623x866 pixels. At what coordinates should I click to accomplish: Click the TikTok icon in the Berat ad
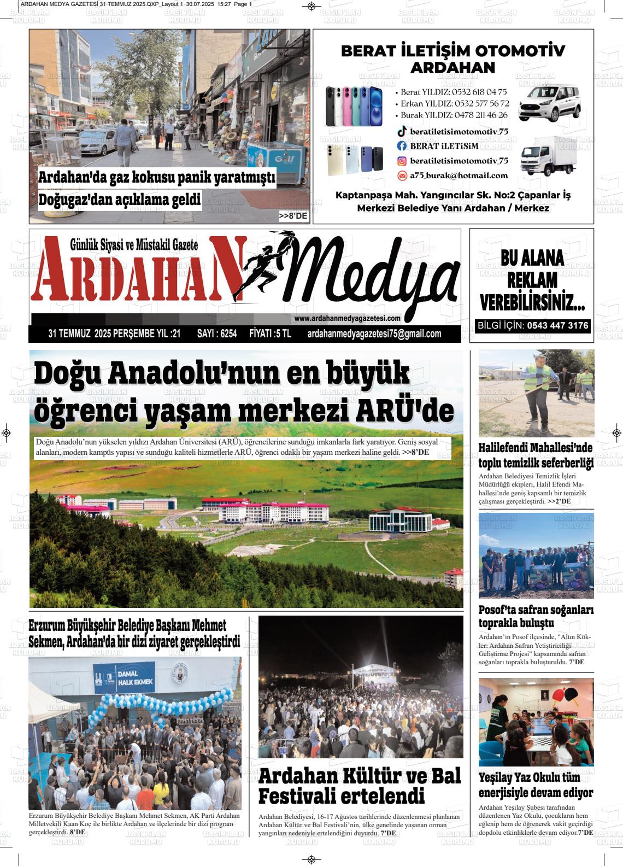click(x=402, y=131)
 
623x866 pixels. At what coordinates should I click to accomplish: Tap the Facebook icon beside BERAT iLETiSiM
click(x=402, y=146)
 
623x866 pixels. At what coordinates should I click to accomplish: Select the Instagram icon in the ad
click(x=402, y=161)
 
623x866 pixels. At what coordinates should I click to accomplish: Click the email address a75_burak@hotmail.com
click(x=459, y=175)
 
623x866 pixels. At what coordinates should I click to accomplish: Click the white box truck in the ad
click(x=547, y=155)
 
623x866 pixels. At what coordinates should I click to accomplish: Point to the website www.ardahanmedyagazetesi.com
click(x=347, y=319)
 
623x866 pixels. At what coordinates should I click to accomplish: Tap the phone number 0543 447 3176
click(x=557, y=326)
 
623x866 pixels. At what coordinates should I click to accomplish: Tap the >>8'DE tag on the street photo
click(x=293, y=216)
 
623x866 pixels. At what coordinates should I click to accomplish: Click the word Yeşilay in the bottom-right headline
click(x=499, y=777)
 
